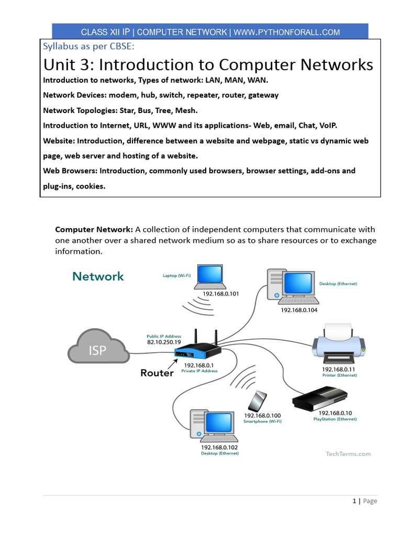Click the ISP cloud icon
pos(98,347)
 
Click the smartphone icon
pos(256,401)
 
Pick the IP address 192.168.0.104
pos(299,310)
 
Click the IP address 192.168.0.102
pos(220,448)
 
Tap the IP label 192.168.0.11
pos(339,369)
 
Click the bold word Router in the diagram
pos(157,373)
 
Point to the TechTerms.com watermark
pos(345,454)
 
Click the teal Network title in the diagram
pos(98,276)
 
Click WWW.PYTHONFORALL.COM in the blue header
pos(286,32)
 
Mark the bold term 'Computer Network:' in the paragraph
pos(94,229)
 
